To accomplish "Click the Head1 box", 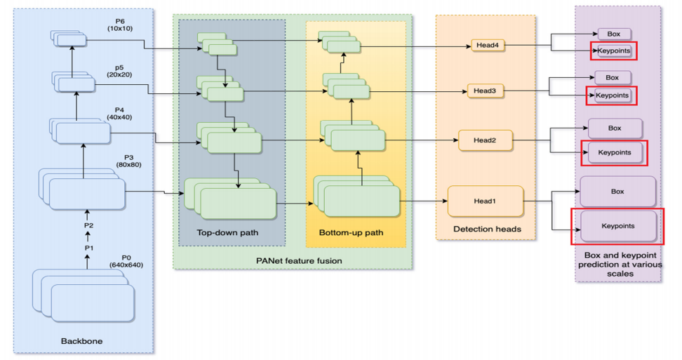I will (484, 201).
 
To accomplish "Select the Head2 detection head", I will (484, 140).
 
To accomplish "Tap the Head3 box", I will (484, 91).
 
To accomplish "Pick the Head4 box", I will (488, 46).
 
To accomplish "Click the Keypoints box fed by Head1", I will (617, 226).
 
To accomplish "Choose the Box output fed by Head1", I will (617, 191).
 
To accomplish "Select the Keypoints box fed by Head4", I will (614, 51).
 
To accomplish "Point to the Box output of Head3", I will (612, 77).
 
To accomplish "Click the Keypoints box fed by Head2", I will (615, 152).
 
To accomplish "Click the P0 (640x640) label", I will (126, 261).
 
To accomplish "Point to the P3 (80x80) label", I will (128, 161).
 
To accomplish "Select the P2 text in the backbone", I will (88, 226).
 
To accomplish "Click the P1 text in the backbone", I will (88, 248).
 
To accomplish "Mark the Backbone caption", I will (82, 341).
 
